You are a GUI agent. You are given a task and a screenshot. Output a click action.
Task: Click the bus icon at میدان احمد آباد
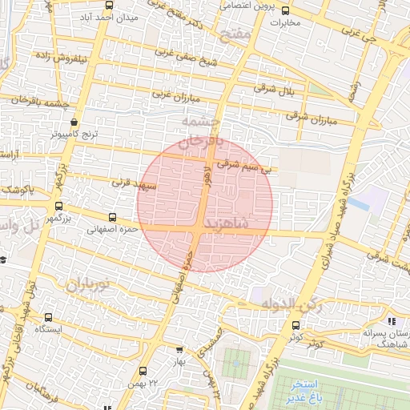pyautogui.click(x=108, y=6)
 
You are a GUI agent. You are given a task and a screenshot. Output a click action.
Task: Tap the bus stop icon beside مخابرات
pyautogui.click(x=286, y=10)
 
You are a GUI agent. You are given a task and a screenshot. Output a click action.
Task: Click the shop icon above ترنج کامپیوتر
pyautogui.click(x=74, y=123)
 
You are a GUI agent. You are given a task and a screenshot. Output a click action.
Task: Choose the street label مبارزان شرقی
pyautogui.click(x=308, y=118)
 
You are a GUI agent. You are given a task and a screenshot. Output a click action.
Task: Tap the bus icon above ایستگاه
pyautogui.click(x=49, y=318)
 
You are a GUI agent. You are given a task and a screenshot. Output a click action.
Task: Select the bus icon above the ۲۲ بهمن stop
pyautogui.click(x=143, y=370)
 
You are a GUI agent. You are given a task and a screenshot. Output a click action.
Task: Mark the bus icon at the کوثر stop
pyautogui.click(x=295, y=325)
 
